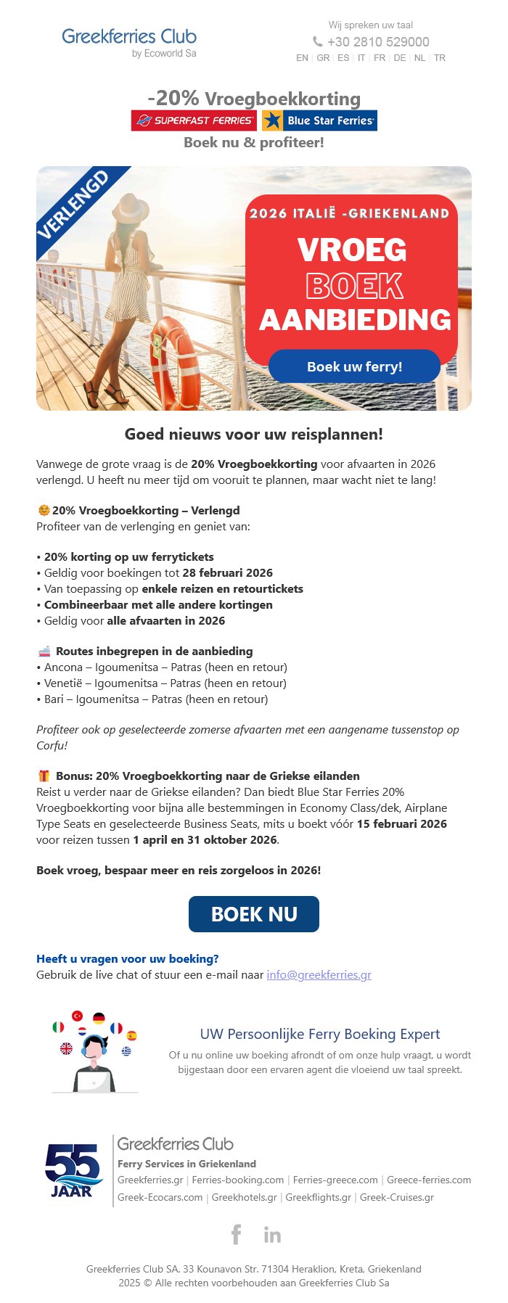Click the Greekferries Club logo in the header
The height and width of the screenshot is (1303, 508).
129,42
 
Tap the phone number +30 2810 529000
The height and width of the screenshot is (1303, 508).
377,42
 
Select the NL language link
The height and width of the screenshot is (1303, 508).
419,58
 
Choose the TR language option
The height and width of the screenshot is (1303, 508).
440,58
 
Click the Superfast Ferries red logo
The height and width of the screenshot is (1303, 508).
194,120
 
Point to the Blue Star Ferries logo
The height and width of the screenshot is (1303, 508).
319,120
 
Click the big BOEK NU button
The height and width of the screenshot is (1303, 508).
254,914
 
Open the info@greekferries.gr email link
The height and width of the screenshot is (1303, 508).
319,974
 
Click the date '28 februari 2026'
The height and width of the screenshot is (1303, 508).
227,572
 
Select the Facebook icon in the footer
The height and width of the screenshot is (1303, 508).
236,1234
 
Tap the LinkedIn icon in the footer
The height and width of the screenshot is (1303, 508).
272,1235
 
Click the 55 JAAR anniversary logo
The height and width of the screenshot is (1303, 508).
73,1170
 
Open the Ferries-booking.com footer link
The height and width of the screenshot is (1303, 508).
237,1180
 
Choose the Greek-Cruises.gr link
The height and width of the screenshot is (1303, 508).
396,1197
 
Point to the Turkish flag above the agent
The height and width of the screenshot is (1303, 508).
77,1016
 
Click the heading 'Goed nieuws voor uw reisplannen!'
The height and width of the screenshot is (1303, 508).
254,434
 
